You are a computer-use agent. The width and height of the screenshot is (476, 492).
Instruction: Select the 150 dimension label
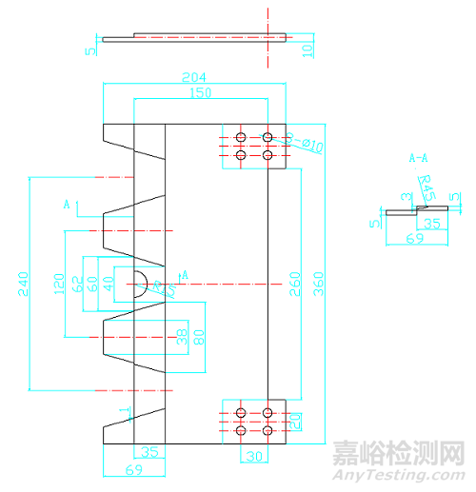(x=201, y=92)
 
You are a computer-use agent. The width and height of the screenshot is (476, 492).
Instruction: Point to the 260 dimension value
(x=295, y=284)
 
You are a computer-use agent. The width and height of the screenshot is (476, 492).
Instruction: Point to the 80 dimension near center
(x=199, y=336)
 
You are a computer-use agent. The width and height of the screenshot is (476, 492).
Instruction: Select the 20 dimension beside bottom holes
(x=296, y=420)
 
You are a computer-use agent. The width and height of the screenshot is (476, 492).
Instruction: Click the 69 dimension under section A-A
(x=415, y=239)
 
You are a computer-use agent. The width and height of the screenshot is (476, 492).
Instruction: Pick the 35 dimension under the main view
(x=149, y=453)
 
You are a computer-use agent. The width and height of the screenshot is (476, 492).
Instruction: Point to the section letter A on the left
(x=67, y=204)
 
